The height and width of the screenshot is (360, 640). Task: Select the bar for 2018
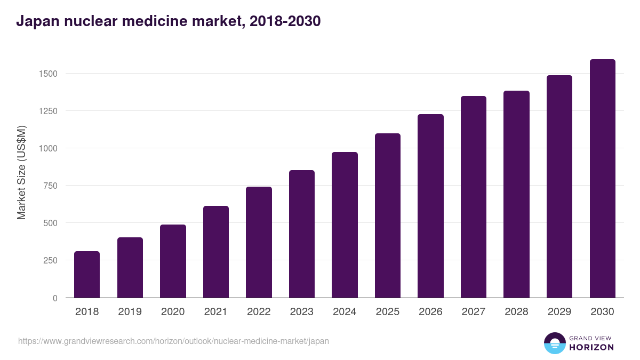87,275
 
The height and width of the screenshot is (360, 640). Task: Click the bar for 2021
216,252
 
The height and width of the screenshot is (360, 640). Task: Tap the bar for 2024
345,225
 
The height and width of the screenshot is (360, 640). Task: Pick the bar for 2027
474,197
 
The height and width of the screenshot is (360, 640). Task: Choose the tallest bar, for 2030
602,179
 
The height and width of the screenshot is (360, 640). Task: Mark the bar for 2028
516,194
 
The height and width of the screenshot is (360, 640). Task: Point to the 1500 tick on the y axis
48,74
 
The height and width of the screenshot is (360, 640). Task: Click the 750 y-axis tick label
50,186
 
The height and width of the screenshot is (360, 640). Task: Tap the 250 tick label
50,260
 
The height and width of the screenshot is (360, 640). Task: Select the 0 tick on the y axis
54,298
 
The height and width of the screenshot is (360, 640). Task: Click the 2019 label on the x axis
130,312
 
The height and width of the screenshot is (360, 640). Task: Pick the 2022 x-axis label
259,312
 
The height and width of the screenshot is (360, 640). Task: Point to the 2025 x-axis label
387,312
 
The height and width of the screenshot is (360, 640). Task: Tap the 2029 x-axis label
559,312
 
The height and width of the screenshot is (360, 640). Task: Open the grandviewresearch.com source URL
173,341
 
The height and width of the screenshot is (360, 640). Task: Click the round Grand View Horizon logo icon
554,343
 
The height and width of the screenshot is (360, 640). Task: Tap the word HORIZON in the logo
592,347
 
